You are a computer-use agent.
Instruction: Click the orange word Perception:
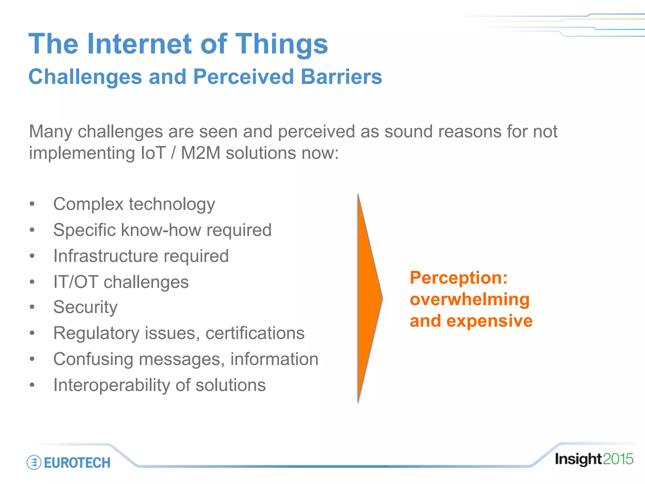point(459,278)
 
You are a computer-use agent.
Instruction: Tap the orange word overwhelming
point(470,299)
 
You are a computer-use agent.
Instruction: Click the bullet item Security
point(85,307)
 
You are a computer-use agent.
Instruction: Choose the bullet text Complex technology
point(134,204)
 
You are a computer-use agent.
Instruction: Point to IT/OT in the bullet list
point(76,282)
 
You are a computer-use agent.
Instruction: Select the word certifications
point(255,333)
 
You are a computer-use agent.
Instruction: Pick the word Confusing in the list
point(93,359)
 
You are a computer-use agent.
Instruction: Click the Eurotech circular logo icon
point(34,463)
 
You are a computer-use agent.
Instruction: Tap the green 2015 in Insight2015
point(618,459)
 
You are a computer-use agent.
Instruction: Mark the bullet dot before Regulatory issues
point(32,333)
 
